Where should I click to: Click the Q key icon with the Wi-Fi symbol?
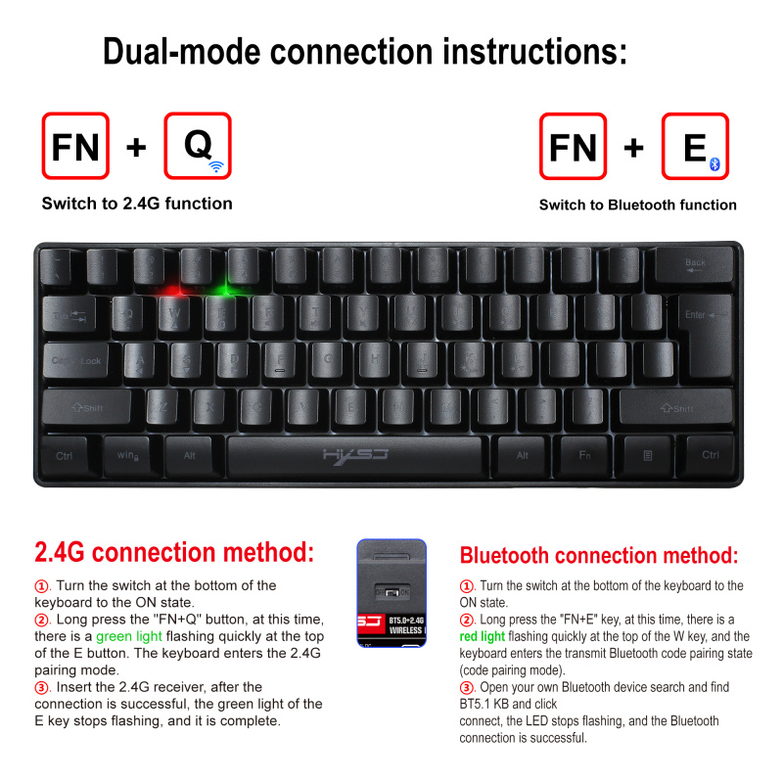point(198,146)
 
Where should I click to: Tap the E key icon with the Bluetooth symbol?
point(695,147)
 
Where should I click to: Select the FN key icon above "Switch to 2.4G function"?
point(75,147)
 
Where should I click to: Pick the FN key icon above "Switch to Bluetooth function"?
point(573,147)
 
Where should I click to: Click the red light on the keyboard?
point(174,290)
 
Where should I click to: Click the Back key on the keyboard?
point(694,265)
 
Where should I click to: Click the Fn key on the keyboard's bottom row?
point(585,455)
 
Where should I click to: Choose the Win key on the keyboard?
point(126,455)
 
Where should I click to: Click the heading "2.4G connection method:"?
point(174,552)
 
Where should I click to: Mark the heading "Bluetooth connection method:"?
point(599,556)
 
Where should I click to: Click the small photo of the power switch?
point(391,592)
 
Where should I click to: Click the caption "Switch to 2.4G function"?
point(137,204)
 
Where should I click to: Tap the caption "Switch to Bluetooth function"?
point(637,205)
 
